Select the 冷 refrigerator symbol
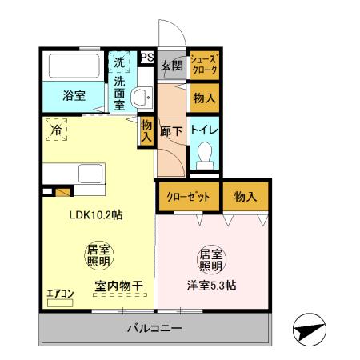pos(57,129)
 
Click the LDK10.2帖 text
pos(95,215)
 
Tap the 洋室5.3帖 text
pos(211,286)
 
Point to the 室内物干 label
pos(118,285)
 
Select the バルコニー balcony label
pos(155,329)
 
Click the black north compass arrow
pos(308,327)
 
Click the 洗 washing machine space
pos(118,62)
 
